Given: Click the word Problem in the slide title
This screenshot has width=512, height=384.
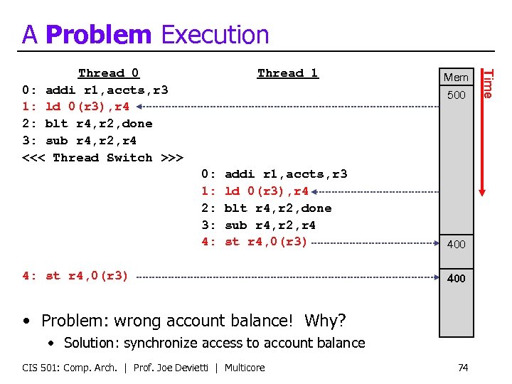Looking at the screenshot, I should click(98, 34).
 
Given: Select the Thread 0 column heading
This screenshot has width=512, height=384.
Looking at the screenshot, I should click(109, 73).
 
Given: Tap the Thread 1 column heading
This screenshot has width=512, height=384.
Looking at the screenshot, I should click(288, 73).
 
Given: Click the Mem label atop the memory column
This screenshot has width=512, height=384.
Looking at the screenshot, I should click(456, 77).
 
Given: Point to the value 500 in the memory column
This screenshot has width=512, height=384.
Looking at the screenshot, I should click(456, 95).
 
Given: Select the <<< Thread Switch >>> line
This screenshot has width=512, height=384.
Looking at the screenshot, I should click(103, 157).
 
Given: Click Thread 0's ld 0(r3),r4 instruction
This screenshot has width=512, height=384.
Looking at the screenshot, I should click(87, 107).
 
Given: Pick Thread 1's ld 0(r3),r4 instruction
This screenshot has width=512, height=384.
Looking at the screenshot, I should click(266, 191).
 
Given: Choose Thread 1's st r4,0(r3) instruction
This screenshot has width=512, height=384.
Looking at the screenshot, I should click(266, 242).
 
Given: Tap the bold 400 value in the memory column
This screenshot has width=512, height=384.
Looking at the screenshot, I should click(456, 278).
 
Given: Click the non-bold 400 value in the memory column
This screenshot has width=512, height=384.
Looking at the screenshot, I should click(456, 244).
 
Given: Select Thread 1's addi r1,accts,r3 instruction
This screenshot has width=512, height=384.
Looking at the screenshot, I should click(285, 174).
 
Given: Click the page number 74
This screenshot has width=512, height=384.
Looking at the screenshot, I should click(463, 368).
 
